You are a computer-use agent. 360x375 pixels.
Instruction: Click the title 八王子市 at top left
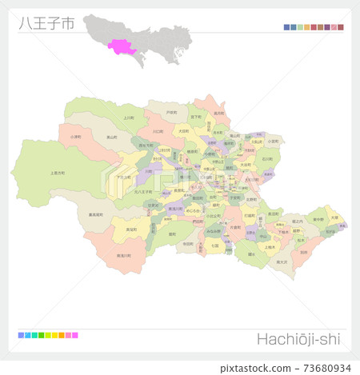pos(46,23)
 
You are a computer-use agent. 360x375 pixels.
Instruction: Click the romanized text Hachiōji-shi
pos(298,339)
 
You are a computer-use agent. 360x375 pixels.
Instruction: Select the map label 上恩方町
pos(58,172)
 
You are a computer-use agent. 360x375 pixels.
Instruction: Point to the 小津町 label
pos(75,137)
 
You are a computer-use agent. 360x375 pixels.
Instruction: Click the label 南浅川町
pos(125,256)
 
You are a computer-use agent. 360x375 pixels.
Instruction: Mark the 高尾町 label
pos(130,228)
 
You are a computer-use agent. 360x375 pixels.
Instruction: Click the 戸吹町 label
pos(171,113)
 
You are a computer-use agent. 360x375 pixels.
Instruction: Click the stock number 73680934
pos(320,368)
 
